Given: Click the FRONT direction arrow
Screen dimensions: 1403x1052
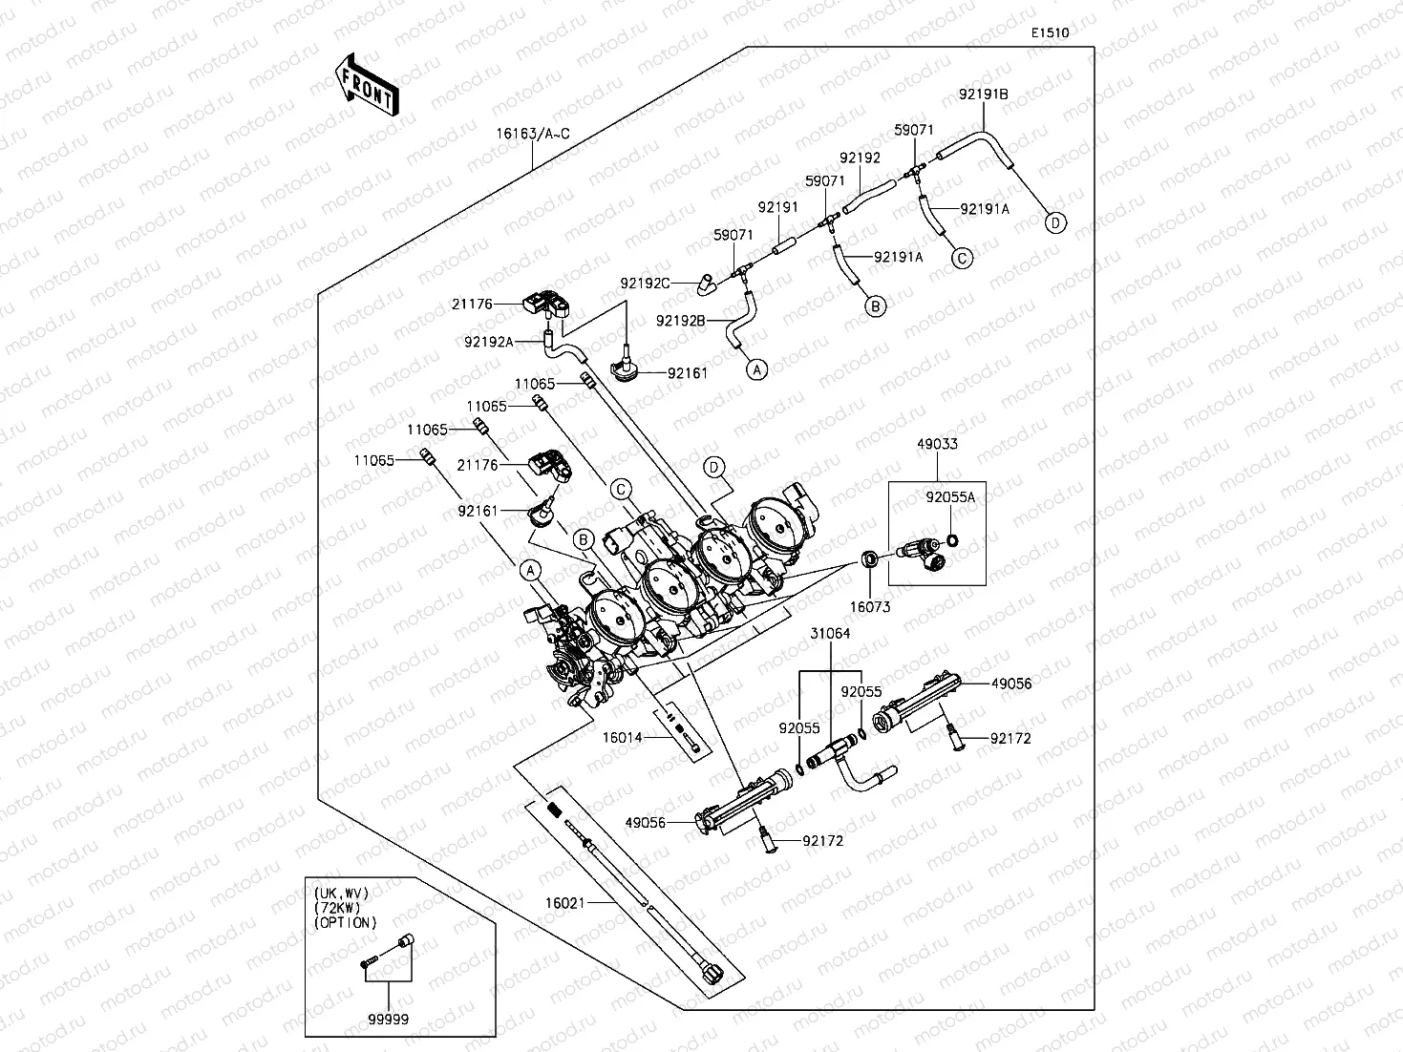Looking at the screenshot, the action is pos(367,84).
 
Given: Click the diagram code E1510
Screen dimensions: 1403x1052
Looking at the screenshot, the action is pos(1050,32).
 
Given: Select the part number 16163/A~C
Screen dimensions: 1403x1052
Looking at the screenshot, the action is pos(533,135).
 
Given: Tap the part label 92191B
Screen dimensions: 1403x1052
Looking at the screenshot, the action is pos(984,94).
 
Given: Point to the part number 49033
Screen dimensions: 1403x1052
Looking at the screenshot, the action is pos(938,443).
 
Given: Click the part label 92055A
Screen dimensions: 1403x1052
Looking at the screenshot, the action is pos(950,497).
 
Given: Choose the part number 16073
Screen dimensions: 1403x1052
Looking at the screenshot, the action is pos(870,607).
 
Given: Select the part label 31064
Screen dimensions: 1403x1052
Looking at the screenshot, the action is pos(830,633).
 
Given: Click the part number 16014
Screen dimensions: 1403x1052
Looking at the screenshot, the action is pos(622,738).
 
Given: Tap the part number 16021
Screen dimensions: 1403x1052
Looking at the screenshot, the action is pos(565,903).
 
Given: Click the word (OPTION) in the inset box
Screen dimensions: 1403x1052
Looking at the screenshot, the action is pos(345,922).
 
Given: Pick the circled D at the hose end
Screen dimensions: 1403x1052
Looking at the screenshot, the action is pos(1055,223).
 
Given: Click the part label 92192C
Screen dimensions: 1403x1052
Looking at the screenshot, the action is pos(645,283).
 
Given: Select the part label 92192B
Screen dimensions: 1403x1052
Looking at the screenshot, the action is pos(681,321).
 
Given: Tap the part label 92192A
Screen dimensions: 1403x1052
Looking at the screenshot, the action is pos(489,343).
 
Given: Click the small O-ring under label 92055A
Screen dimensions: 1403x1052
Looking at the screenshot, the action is pos(952,541).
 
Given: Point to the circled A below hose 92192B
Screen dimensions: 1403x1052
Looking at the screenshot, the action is pos(757,369).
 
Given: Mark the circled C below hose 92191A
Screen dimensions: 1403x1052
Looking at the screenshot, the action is pos(962,258).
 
